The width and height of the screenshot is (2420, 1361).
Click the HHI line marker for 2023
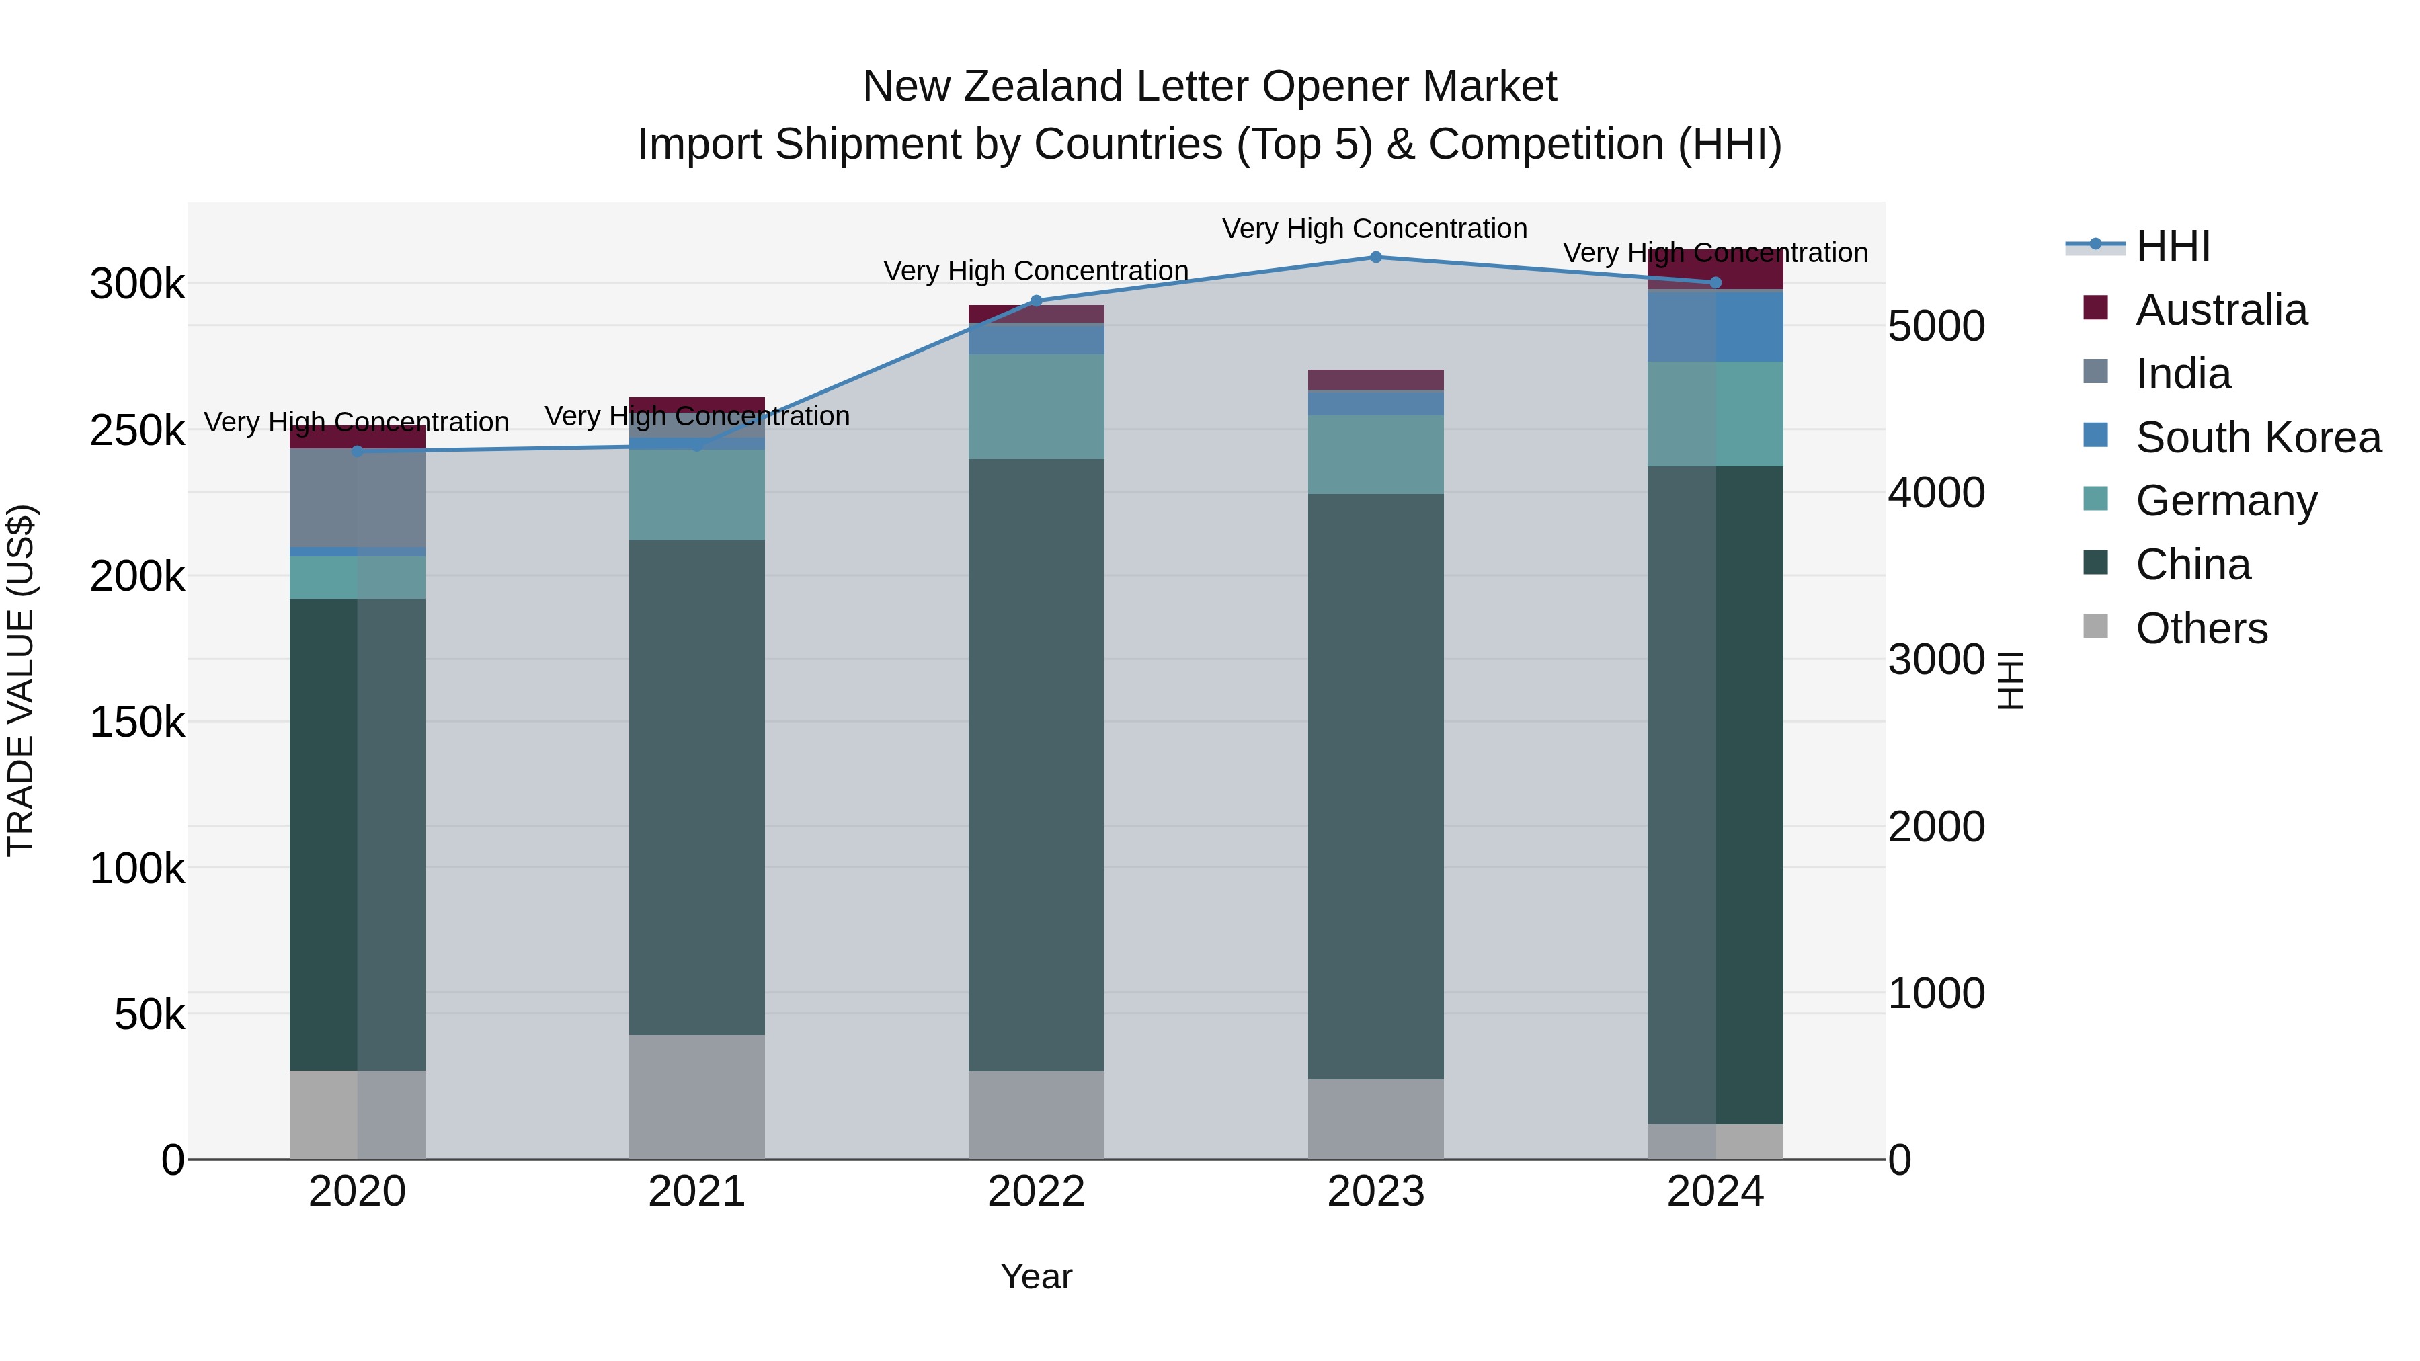click(1375, 257)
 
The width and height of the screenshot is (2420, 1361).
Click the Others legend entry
click(2201, 628)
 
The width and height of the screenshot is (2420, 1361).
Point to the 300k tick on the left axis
click(137, 284)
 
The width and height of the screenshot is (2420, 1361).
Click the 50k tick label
click(149, 1014)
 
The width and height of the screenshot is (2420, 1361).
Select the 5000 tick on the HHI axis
click(1936, 327)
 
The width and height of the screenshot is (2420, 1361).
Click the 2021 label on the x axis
click(696, 1192)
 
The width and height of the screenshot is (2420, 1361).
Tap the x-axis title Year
click(1036, 1276)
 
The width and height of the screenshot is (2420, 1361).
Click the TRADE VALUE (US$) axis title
click(22, 680)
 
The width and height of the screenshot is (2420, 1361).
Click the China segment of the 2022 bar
click(1036, 765)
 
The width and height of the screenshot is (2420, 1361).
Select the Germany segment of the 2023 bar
click(1375, 454)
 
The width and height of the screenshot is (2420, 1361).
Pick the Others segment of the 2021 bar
click(696, 1097)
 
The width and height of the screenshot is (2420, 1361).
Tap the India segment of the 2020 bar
click(357, 498)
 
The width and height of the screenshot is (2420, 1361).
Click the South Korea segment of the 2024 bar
click(1716, 327)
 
